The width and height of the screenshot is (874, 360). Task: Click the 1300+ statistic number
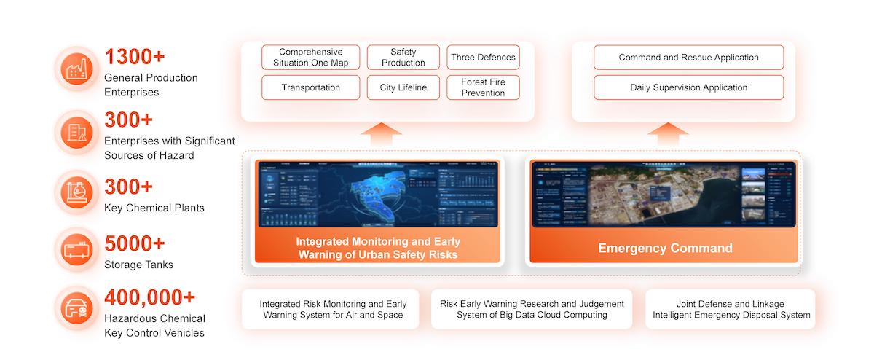pyautogui.click(x=135, y=57)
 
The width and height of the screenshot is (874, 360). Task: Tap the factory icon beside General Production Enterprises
pyautogui.click(x=76, y=70)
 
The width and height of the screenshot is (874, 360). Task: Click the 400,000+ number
pyautogui.click(x=150, y=297)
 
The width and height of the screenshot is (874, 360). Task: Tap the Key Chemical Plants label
pyautogui.click(x=154, y=208)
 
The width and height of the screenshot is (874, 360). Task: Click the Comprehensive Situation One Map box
pyautogui.click(x=311, y=58)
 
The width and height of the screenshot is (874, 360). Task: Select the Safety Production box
pyautogui.click(x=403, y=58)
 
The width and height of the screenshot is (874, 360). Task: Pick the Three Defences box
pyautogui.click(x=483, y=58)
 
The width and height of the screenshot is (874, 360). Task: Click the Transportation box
pyautogui.click(x=311, y=87)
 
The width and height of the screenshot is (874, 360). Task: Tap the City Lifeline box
pyautogui.click(x=403, y=87)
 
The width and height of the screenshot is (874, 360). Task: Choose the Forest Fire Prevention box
pyautogui.click(x=483, y=87)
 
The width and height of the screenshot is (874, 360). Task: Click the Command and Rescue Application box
pyautogui.click(x=688, y=58)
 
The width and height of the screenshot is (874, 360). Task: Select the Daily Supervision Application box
pyautogui.click(x=688, y=87)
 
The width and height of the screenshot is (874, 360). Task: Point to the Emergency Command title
pyautogui.click(x=665, y=249)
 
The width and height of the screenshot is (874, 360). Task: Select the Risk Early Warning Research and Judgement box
pyautogui.click(x=532, y=309)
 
